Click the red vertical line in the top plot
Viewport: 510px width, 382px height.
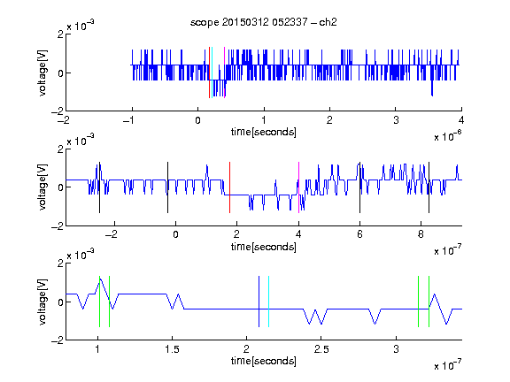click(210, 73)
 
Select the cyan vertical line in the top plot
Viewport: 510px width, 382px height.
click(212, 73)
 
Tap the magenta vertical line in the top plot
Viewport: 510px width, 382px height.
click(224, 73)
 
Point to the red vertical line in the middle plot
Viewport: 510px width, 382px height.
click(229, 187)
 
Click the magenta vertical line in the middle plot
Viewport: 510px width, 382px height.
click(298, 187)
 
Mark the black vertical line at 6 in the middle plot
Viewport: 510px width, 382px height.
click(359, 187)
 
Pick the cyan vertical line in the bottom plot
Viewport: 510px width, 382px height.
click(268, 302)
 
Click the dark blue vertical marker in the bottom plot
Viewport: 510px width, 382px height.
click(259, 302)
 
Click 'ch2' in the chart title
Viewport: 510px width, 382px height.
click(328, 22)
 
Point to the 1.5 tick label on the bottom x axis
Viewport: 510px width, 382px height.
click(172, 349)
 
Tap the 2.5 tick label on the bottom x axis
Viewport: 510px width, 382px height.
click(321, 349)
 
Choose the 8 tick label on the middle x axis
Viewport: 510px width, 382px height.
click(421, 234)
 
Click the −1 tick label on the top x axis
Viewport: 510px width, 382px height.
click(129, 120)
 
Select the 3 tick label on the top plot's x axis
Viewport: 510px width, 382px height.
click(396, 120)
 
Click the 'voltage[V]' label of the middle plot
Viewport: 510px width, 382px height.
click(42, 187)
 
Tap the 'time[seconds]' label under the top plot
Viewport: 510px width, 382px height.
click(264, 132)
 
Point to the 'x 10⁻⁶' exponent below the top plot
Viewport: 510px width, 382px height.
click(448, 136)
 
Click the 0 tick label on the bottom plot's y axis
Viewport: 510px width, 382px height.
click(60, 302)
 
